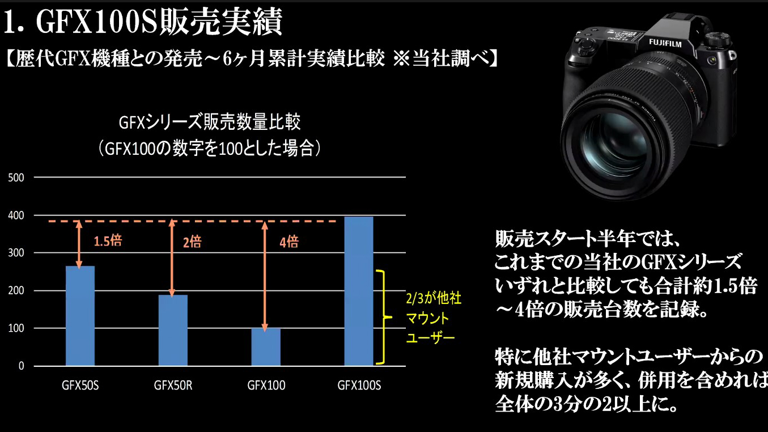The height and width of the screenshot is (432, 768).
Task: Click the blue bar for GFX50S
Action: click(80, 316)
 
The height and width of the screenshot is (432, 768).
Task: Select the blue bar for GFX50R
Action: click(173, 330)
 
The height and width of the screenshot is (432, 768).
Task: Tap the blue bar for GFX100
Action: click(266, 347)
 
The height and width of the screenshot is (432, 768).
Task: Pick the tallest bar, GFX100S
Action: click(359, 291)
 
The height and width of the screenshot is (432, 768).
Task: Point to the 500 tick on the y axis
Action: click(16, 177)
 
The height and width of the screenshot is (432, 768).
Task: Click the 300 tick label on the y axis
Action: click(16, 253)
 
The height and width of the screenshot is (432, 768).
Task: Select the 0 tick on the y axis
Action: click(22, 366)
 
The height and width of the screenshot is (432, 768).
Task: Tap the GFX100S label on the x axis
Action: click(359, 386)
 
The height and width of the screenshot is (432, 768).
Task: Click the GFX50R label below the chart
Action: click(173, 386)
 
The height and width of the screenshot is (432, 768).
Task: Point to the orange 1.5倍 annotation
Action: click(108, 241)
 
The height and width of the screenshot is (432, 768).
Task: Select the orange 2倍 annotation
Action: click(192, 242)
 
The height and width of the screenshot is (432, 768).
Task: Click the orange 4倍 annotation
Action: click(289, 242)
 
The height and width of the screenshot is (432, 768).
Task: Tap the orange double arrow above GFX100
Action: click(265, 276)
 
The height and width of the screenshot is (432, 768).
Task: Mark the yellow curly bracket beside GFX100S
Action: click(383, 317)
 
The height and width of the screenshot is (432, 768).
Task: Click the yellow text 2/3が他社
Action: click(434, 298)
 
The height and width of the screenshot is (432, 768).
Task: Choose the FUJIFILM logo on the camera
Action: click(665, 43)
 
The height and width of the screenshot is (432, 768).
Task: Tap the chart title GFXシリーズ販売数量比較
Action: click(210, 122)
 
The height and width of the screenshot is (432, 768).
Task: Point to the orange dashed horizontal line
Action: click(193, 222)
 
